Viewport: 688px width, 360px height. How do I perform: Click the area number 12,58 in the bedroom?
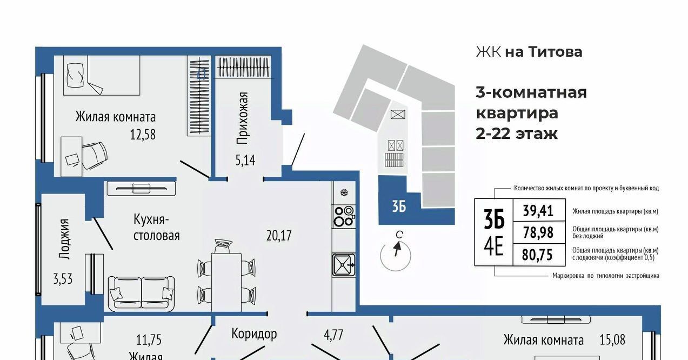143,135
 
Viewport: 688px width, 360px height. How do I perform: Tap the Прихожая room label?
242,118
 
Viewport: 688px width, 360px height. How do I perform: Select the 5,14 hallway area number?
245,161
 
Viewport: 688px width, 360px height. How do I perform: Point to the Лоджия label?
64,239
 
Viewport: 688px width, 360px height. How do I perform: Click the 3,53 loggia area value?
63,279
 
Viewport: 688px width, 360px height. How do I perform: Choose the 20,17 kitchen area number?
279,235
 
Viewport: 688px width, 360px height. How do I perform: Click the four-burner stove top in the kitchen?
344,216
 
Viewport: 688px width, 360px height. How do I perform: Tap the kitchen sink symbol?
344,264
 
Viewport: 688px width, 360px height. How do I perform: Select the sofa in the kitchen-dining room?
141,293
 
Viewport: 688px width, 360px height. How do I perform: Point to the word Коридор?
254,334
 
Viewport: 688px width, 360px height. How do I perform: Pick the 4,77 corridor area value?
333,335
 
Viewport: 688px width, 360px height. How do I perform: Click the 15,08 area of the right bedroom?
612,339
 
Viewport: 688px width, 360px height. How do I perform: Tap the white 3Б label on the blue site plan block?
399,206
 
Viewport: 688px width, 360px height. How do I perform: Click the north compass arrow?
397,249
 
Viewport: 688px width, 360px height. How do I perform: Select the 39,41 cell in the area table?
538,211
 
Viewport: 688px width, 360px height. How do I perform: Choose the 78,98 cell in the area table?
538,232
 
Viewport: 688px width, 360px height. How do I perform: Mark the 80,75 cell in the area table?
538,255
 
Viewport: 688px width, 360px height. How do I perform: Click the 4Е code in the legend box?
493,246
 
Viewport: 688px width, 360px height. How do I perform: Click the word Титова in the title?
555,52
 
